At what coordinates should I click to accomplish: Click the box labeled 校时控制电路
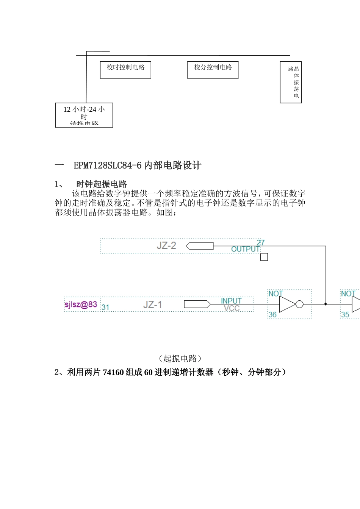125,70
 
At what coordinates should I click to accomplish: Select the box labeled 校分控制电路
213,70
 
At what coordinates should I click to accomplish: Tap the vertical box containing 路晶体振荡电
291,82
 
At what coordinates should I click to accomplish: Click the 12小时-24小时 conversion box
84,115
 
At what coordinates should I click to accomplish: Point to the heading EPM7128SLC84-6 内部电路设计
137,166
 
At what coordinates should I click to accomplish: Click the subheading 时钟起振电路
102,184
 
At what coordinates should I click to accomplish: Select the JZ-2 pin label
166,245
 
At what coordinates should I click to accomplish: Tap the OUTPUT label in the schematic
245,249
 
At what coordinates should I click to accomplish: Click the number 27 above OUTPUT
261,242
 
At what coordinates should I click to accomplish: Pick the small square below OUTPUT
264,257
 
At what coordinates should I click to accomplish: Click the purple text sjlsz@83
81,304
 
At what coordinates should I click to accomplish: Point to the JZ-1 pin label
152,304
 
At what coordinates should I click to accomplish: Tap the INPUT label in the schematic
231,301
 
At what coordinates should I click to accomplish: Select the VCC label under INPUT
232,308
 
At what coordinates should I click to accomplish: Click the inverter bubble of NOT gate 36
299,304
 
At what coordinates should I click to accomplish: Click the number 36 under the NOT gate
272,314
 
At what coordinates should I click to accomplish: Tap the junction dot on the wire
326,304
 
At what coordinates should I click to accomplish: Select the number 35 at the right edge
345,314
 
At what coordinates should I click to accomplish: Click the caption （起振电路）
180,358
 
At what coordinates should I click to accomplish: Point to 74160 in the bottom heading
113,372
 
